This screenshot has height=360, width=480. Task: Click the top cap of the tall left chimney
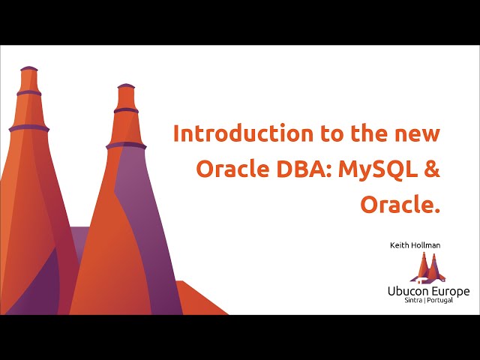pyautogui.click(x=28, y=69)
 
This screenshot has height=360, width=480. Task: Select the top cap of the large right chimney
pyautogui.click(x=126, y=87)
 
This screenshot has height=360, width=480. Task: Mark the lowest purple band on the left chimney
pyautogui.click(x=28, y=128)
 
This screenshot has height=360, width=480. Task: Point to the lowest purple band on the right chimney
pyautogui.click(x=126, y=145)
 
